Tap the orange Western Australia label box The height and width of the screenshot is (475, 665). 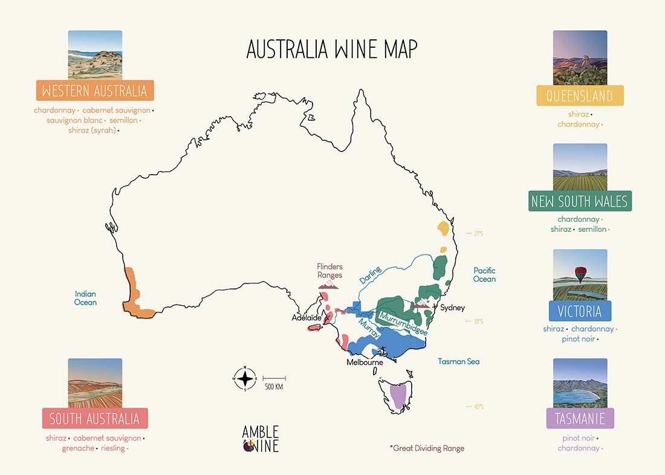pyautogui.click(x=95, y=91)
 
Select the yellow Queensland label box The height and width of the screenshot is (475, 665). pyautogui.click(x=580, y=95)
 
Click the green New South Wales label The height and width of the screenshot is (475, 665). pyautogui.click(x=580, y=201)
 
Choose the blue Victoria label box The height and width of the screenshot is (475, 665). pyautogui.click(x=580, y=311)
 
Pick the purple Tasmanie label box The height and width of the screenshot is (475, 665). pyautogui.click(x=580, y=418)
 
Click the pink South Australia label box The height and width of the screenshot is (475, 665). pyautogui.click(x=94, y=418)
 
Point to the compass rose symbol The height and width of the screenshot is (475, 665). pyautogui.click(x=245, y=378)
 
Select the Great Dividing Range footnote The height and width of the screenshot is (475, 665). pyautogui.click(x=427, y=448)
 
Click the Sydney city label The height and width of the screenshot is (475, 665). pyautogui.click(x=453, y=308)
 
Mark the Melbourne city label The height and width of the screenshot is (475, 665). pyautogui.click(x=365, y=363)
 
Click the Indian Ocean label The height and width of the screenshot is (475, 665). pyautogui.click(x=85, y=298)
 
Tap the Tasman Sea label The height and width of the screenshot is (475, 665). pyautogui.click(x=458, y=361)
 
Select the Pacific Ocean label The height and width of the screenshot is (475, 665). pyautogui.click(x=484, y=275)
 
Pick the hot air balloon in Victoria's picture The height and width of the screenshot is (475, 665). pyautogui.click(x=580, y=274)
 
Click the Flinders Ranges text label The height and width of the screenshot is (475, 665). pyautogui.click(x=330, y=271)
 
